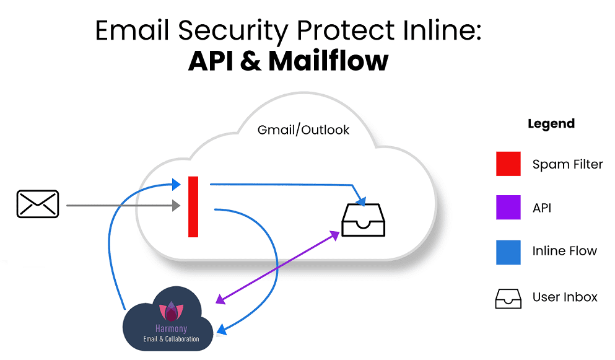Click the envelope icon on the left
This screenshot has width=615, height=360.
tap(37, 204)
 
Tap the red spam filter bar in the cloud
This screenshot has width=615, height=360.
tap(193, 206)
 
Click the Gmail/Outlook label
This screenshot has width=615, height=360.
tap(303, 130)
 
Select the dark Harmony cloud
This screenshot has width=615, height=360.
tap(168, 318)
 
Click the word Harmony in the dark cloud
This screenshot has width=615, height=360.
tap(171, 328)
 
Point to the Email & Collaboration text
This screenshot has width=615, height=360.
tap(172, 339)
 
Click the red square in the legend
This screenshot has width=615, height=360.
tap(508, 164)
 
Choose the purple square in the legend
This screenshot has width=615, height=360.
tap(508, 208)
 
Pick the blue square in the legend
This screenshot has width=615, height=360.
tap(508, 251)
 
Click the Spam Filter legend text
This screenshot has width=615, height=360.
tap(567, 165)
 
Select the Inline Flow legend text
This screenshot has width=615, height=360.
tap(564, 251)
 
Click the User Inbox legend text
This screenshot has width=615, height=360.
tap(565, 297)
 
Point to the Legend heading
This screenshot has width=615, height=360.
tap(551, 124)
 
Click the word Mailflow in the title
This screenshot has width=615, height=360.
tap(328, 61)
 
